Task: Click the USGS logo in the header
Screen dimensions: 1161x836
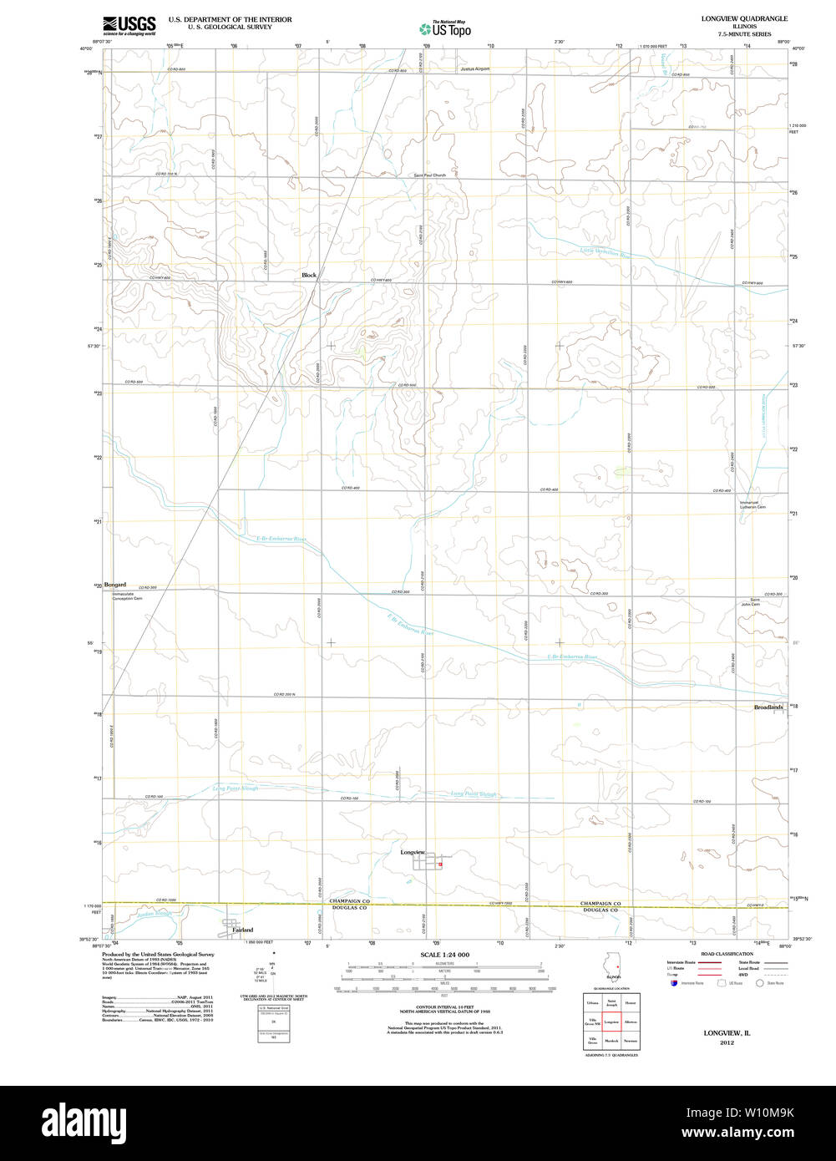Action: [129, 26]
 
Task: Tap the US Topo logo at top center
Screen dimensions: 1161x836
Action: [444, 28]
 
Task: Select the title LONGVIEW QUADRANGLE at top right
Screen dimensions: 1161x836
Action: [745, 18]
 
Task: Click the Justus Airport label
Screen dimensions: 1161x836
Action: [474, 69]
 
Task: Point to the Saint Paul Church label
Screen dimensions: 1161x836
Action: [429, 175]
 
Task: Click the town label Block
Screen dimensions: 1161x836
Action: [309, 275]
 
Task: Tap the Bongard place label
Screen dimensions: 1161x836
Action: [114, 585]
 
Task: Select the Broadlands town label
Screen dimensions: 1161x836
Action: [768, 707]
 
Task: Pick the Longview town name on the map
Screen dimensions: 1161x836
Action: [413, 852]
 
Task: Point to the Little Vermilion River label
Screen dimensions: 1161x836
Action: [605, 253]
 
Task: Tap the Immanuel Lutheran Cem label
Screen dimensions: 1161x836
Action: [752, 504]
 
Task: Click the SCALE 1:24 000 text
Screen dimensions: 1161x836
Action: [444, 955]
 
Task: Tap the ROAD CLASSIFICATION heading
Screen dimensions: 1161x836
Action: [727, 954]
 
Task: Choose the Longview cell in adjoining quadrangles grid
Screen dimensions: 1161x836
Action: [611, 1022]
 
